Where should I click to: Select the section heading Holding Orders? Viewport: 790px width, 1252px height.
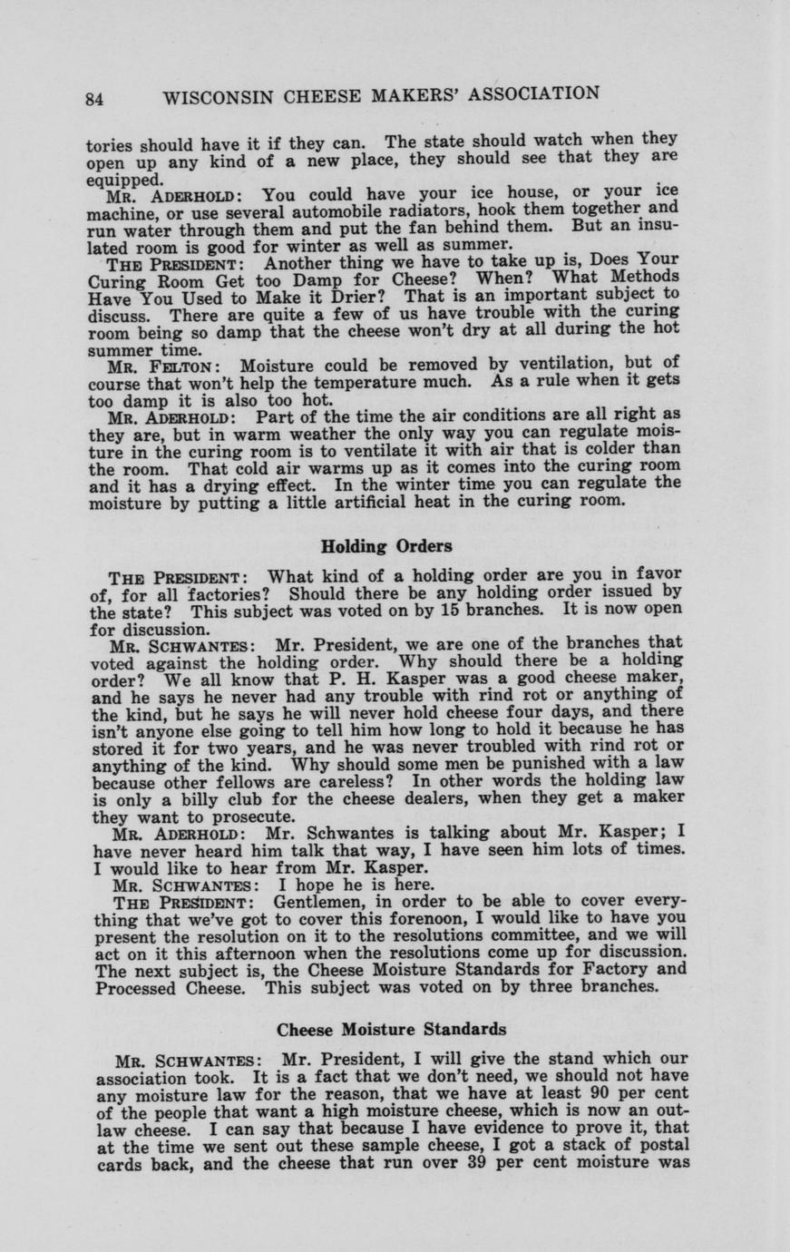(x=387, y=546)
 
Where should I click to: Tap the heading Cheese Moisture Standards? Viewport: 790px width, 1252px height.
(x=391, y=1030)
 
